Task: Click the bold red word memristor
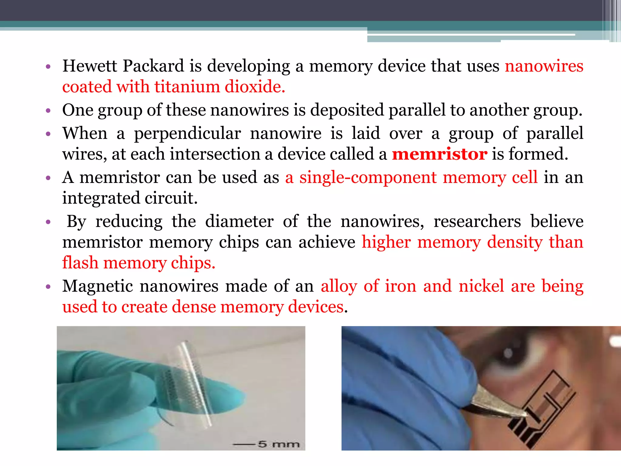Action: point(440,154)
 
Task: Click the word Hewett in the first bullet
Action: point(89,66)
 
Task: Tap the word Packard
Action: point(153,66)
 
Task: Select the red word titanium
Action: point(187,87)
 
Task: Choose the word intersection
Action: point(215,154)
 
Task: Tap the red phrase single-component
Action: point(368,177)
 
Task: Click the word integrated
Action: point(101,198)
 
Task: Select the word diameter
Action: point(239,221)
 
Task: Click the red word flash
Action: point(80,263)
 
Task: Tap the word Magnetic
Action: point(98,286)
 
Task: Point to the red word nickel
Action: point(481,286)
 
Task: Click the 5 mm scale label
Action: point(278,444)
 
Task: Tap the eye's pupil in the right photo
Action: point(510,354)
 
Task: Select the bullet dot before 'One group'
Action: point(48,111)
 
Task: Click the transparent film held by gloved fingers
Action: point(188,382)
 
